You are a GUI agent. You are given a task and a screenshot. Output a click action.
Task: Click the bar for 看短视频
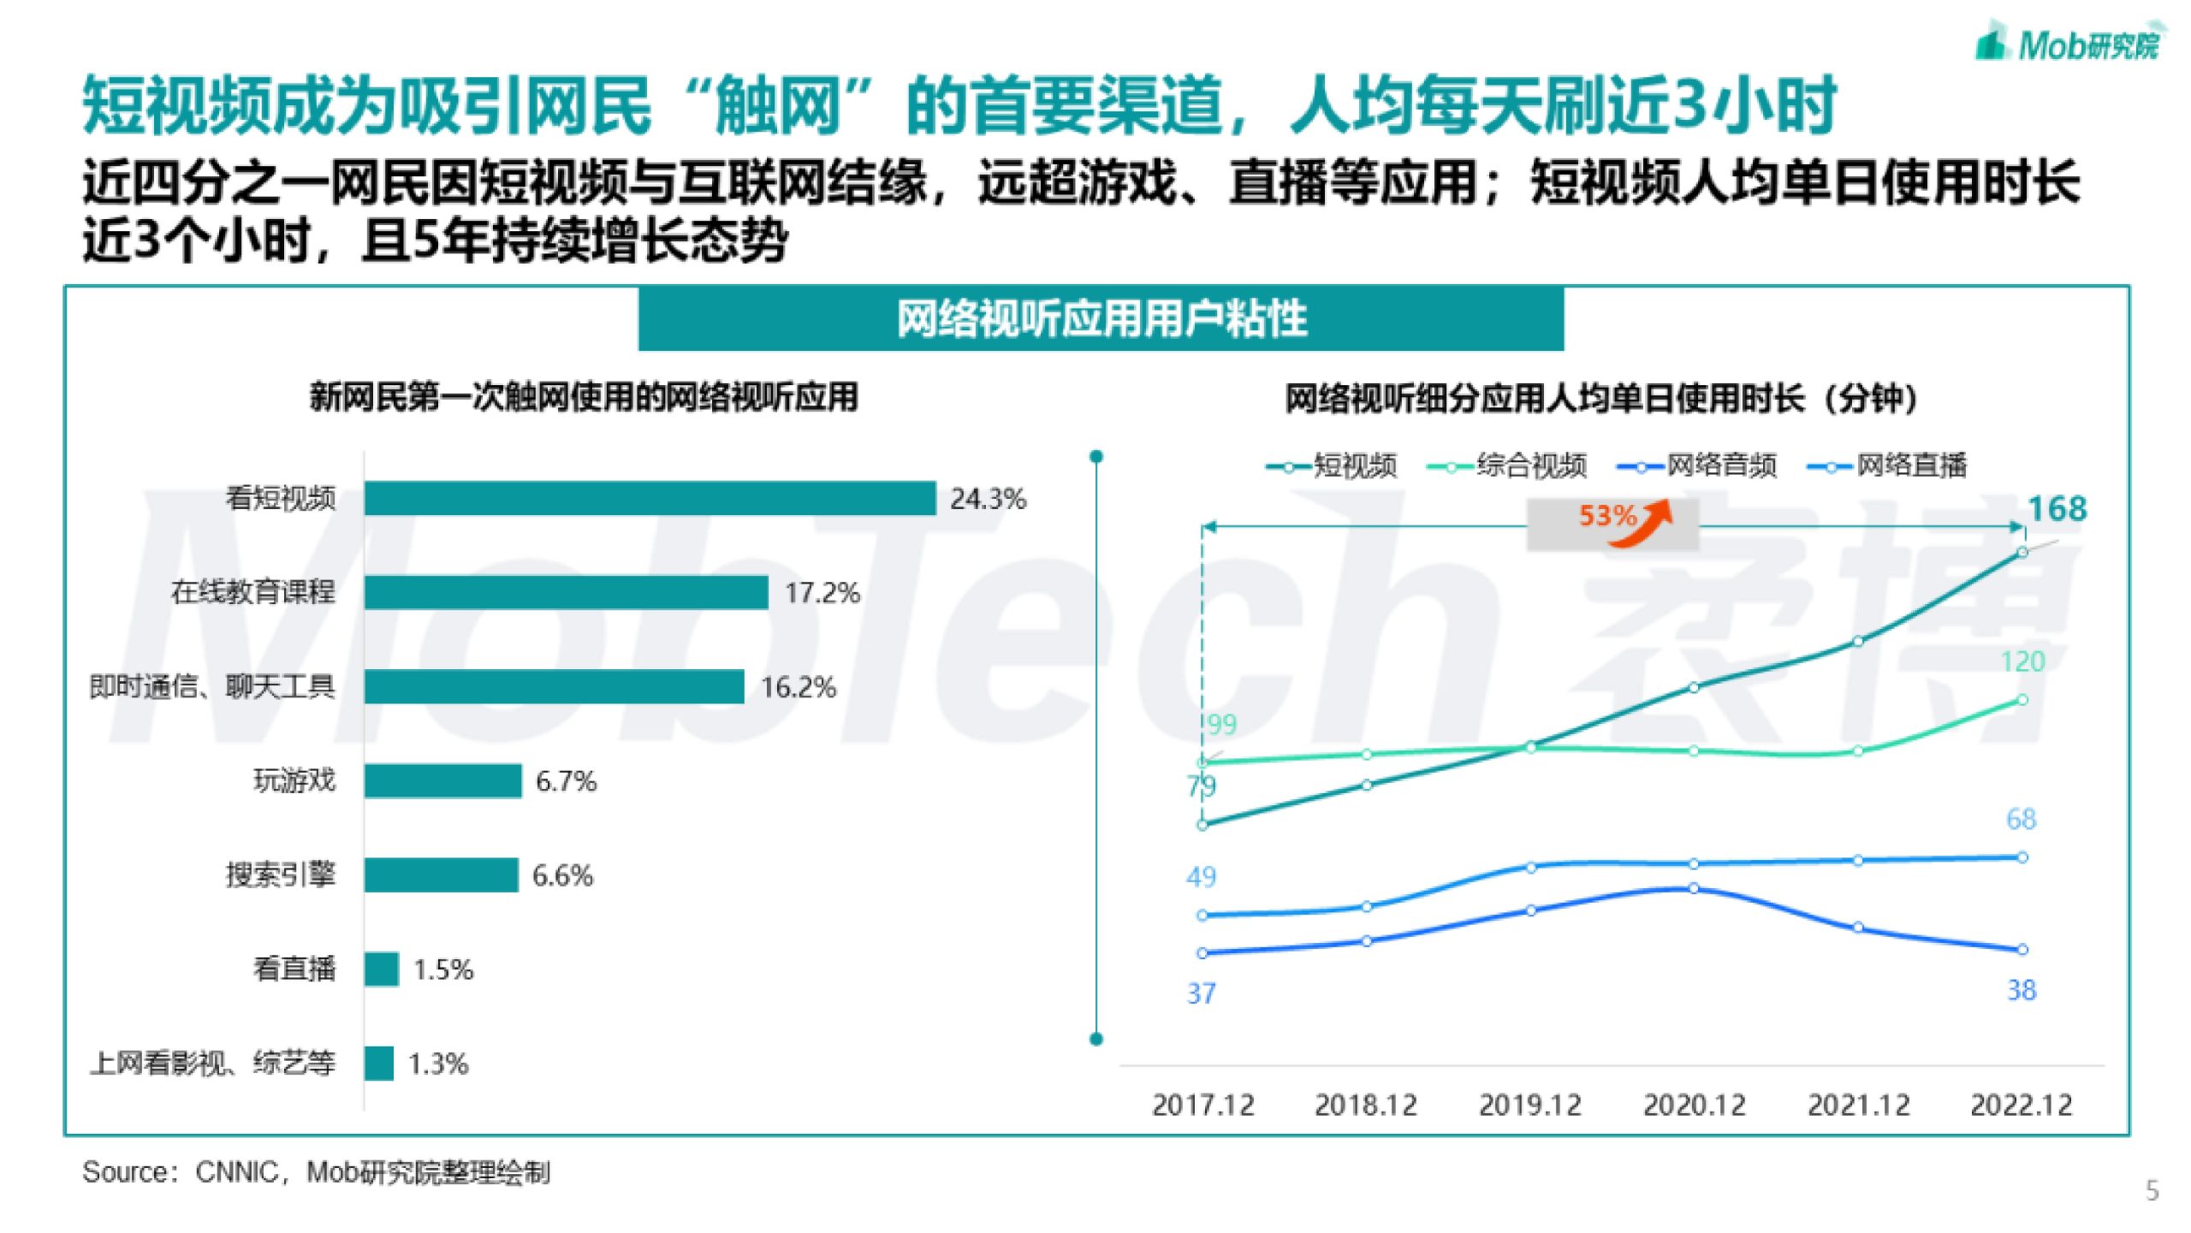[x=650, y=498]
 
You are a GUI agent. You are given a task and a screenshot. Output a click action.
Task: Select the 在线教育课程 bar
[x=566, y=592]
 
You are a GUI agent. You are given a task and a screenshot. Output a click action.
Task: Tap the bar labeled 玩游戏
[x=442, y=780]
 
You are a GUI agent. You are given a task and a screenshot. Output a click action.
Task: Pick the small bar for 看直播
[x=381, y=969]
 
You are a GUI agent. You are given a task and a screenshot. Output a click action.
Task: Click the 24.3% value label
[x=988, y=499]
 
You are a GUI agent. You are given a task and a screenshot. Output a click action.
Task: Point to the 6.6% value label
[x=562, y=875]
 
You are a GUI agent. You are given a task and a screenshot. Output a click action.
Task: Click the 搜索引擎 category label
[x=280, y=874]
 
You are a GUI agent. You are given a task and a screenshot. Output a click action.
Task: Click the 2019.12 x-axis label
[x=1529, y=1106]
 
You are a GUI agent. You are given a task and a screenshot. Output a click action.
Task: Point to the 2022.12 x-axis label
[x=2022, y=1106]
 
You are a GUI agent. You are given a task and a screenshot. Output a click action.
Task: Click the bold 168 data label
[x=2057, y=509]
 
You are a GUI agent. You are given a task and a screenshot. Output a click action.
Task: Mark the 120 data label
[x=2022, y=661]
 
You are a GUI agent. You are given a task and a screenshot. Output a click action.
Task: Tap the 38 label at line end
[x=2022, y=990]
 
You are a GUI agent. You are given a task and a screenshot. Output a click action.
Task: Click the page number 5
[x=2152, y=1190]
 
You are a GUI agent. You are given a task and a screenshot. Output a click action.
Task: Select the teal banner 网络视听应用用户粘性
[x=1101, y=319]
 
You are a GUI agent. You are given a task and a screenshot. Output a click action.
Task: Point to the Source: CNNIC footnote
[x=316, y=1172]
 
